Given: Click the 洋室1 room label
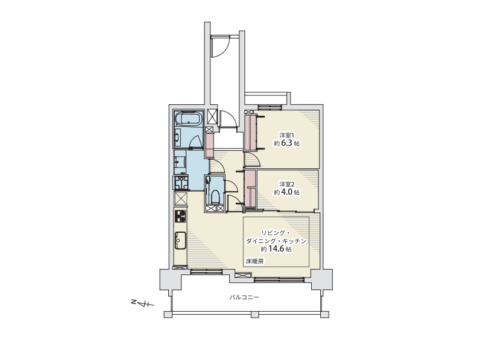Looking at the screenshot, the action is point(286,135).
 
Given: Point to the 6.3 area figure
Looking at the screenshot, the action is point(286,143).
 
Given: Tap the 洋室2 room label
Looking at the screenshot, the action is point(286,184).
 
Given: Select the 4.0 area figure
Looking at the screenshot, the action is point(286,192).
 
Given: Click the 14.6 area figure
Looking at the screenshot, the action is point(276,249).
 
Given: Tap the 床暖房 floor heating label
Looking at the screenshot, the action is point(254,262).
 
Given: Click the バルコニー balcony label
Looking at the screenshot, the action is point(244,297).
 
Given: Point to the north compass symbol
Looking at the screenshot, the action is point(142,303).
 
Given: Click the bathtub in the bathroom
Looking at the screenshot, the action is point(188,119).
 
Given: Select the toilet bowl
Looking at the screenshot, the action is point(215,197).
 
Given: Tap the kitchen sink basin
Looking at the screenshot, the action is point(180,240).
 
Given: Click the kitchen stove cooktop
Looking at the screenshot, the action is point(180,216).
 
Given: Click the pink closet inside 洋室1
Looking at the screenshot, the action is point(250,132).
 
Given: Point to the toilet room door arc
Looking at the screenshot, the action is point(232,185).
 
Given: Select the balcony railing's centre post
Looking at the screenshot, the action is point(254,314).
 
